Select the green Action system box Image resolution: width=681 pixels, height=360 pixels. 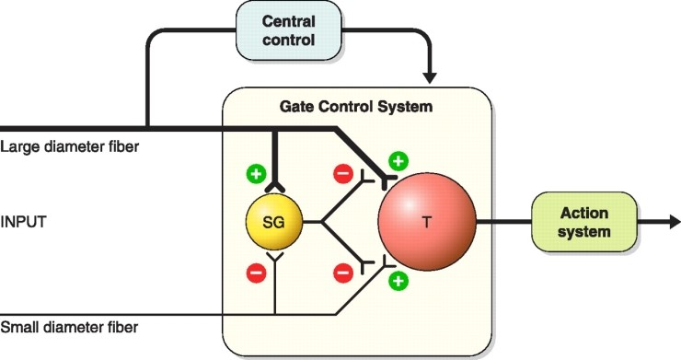(584, 222)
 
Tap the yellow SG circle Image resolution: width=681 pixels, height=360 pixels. (272, 223)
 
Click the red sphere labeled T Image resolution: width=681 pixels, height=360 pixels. (426, 222)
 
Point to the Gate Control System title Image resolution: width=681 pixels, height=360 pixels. (355, 106)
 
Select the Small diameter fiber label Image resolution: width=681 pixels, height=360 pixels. (70, 328)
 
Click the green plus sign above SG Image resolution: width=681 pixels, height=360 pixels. (255, 173)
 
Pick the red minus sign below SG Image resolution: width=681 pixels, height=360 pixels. (255, 273)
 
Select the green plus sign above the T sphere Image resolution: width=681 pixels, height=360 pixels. (398, 160)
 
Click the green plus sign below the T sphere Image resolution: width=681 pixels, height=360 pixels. (398, 281)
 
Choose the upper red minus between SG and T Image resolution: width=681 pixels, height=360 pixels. (342, 172)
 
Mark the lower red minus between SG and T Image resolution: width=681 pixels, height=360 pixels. (342, 273)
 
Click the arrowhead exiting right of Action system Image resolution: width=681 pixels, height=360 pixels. (675, 222)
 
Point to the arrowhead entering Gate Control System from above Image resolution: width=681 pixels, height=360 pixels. (428, 73)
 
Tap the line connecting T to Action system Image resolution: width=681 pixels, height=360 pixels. (502, 222)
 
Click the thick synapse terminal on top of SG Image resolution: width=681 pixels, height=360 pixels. (272, 188)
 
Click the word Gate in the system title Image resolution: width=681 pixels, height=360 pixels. (296, 106)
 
